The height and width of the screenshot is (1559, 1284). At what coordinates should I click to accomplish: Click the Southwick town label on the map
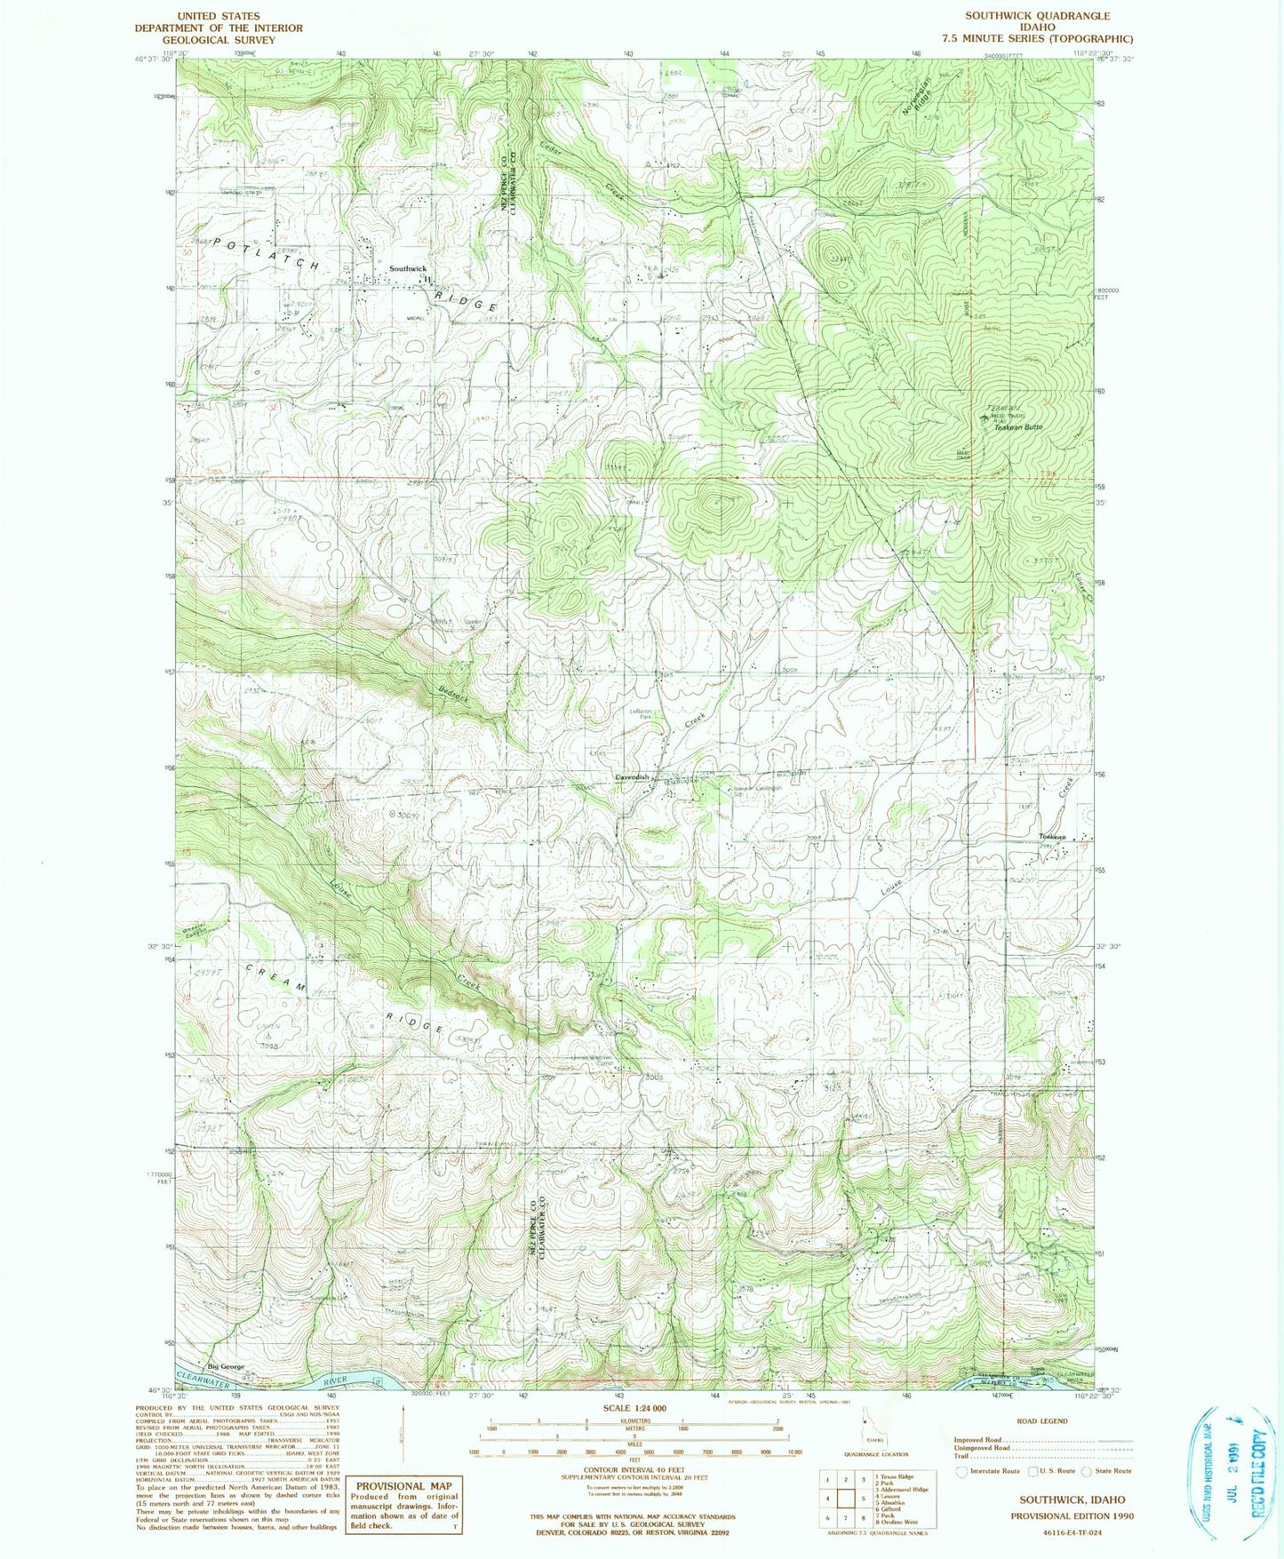coord(408,268)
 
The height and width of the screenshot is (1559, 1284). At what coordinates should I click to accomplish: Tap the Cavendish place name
coord(634,777)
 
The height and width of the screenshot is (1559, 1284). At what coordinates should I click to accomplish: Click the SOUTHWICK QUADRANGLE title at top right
coord(1037,15)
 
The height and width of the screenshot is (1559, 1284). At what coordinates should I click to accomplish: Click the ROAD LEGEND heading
coord(1041,1421)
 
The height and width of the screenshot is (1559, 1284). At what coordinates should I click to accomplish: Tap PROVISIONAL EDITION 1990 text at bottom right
coord(1072,1515)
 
